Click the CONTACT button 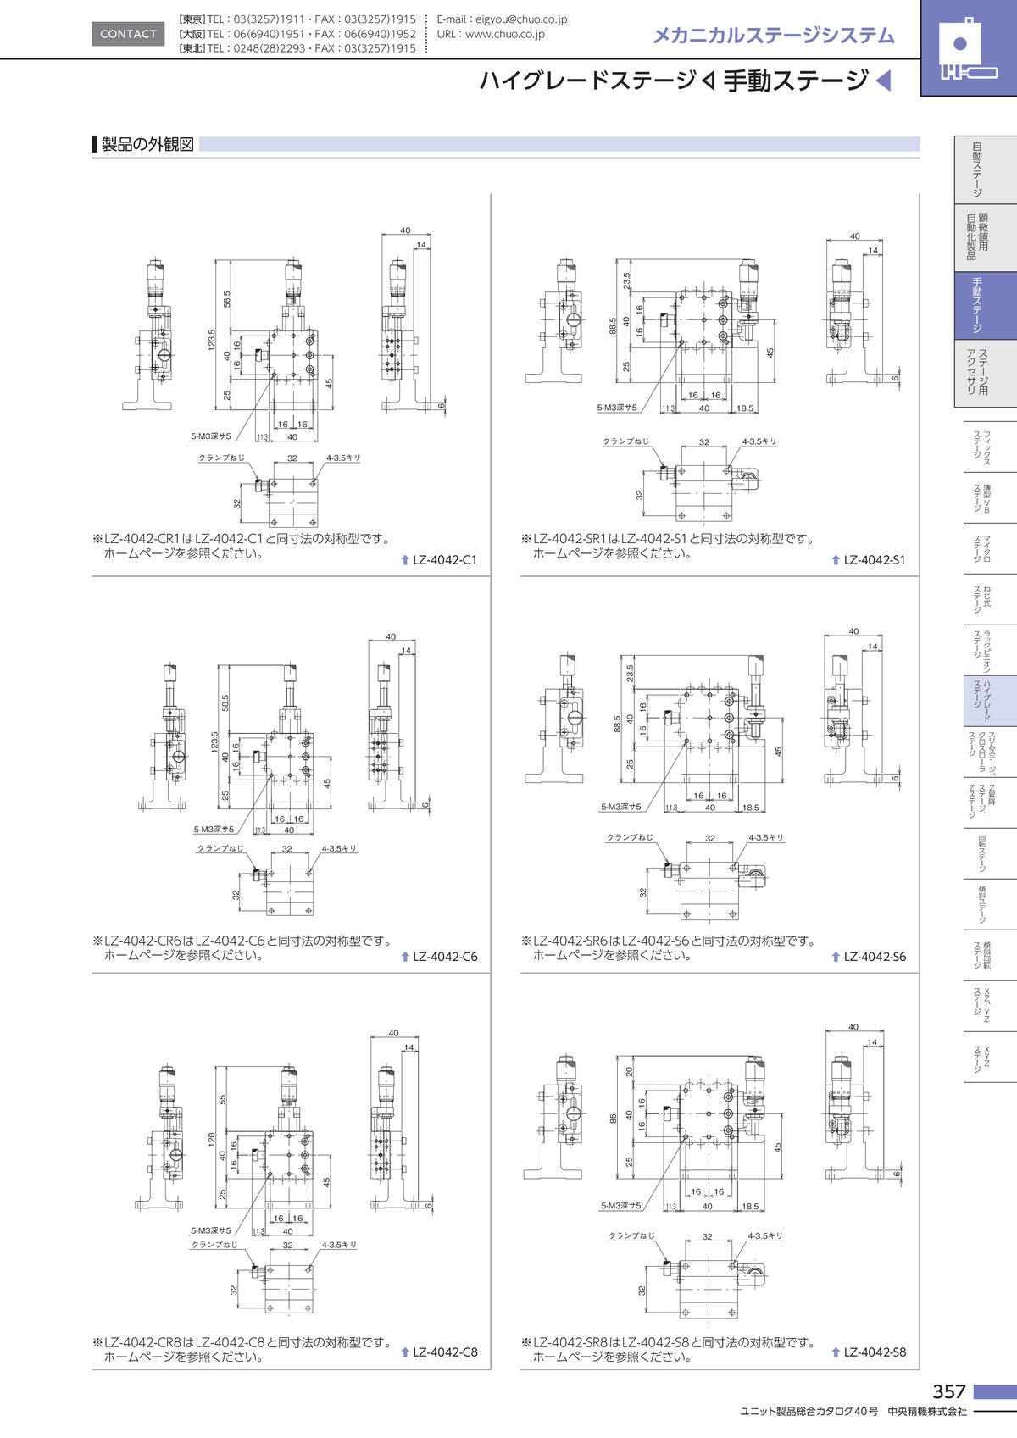pos(128,34)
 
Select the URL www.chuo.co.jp pos(504,35)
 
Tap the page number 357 pos(948,1391)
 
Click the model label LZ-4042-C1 pos(445,560)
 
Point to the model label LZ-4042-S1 pos(875,560)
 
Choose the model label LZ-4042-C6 pos(445,957)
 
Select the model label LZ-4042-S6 pos(875,957)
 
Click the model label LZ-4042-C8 pos(445,1352)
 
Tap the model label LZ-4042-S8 pos(875,1352)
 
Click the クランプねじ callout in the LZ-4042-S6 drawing pos(630,837)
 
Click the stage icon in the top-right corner pos(968,49)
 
